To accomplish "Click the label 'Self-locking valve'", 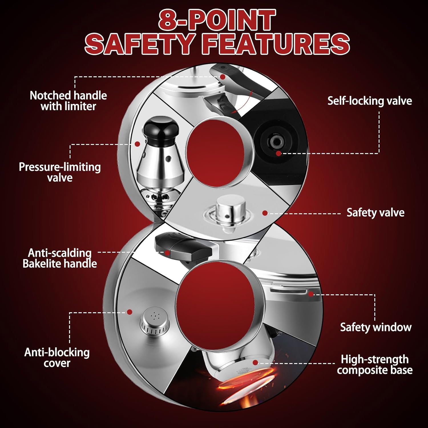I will click(x=370, y=101).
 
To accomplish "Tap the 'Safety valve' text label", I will click(x=375, y=213).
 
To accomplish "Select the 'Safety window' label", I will click(x=375, y=327).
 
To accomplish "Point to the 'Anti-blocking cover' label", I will click(x=57, y=358).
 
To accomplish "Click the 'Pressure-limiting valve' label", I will click(x=60, y=172).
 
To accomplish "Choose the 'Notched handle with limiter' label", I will click(x=68, y=101).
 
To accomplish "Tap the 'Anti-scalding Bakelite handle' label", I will click(x=60, y=258).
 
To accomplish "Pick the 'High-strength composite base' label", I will click(x=375, y=365).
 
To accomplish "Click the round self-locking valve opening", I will click(x=276, y=141).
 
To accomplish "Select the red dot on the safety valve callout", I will click(x=265, y=213).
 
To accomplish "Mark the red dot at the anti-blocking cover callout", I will click(x=130, y=312).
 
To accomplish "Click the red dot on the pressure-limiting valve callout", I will click(x=137, y=144).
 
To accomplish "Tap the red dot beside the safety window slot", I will click(x=311, y=294).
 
